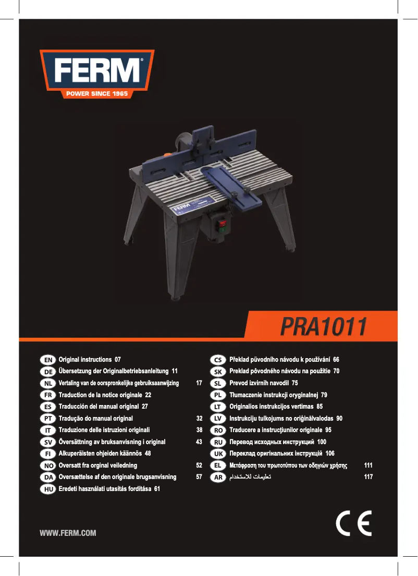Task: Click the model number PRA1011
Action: (x=323, y=326)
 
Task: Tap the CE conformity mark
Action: (x=353, y=523)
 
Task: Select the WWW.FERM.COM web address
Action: (x=68, y=533)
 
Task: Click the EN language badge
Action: (x=48, y=360)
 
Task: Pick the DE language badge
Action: (x=48, y=372)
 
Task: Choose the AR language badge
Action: (x=218, y=477)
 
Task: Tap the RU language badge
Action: (x=218, y=442)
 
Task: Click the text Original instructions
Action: (x=85, y=360)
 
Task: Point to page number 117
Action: (x=368, y=477)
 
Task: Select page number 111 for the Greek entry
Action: (x=368, y=465)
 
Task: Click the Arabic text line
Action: (x=250, y=477)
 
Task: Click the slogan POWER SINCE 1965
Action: (x=97, y=94)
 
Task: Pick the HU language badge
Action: (x=48, y=489)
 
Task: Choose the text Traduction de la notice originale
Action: (x=100, y=395)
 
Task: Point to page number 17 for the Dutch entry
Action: (x=199, y=383)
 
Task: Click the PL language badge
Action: (x=218, y=395)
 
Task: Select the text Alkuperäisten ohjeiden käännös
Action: (x=100, y=454)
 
